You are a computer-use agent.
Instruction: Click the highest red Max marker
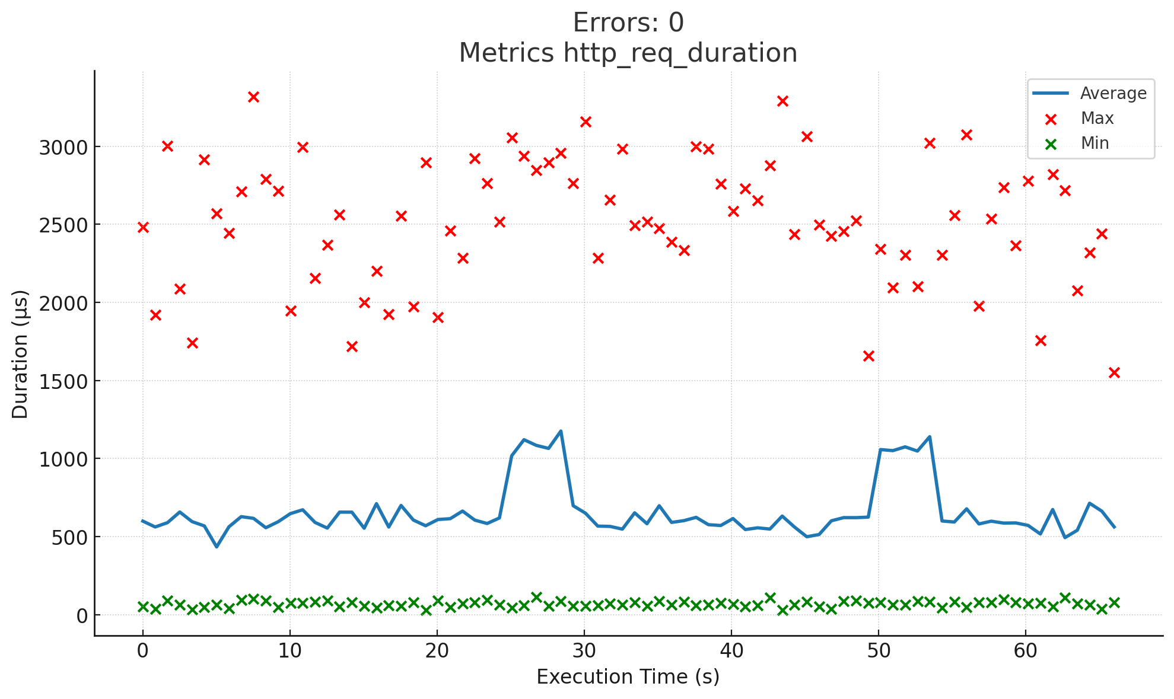pos(253,97)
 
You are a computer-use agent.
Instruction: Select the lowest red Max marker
pos(1114,372)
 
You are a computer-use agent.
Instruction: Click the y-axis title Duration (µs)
pos(20,354)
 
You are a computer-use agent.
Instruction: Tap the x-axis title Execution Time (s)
pos(628,677)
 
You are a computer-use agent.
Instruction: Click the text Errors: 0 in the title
pos(628,23)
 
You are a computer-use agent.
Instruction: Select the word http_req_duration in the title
pos(680,53)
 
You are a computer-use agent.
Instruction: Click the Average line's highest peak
pos(561,431)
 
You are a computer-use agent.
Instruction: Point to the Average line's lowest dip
pos(217,547)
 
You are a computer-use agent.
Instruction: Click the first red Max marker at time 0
pos(143,227)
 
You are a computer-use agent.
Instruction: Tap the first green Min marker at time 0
pos(143,607)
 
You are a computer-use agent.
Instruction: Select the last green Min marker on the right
pos(1114,602)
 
